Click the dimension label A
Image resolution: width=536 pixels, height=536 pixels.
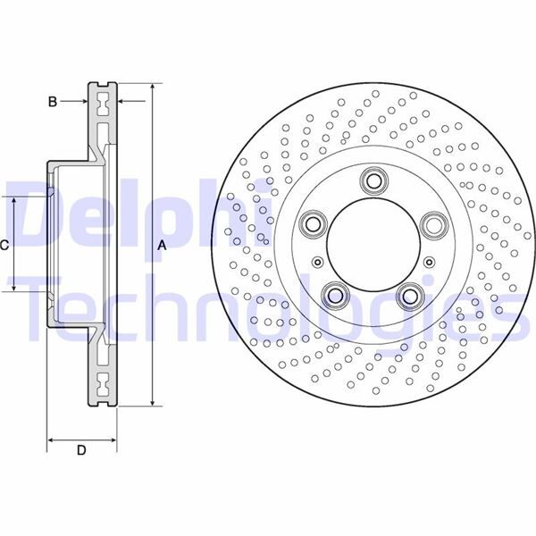coord(162,245)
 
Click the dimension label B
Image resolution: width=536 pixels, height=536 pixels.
coord(53,103)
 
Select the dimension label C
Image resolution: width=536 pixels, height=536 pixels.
coord(5,245)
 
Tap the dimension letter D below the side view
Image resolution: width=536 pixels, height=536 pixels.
coord(80,450)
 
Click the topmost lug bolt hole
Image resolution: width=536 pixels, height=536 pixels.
coord(372,181)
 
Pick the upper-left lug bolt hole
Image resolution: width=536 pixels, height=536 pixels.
coord(313,223)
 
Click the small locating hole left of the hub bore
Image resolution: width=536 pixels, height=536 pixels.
coord(317,262)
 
